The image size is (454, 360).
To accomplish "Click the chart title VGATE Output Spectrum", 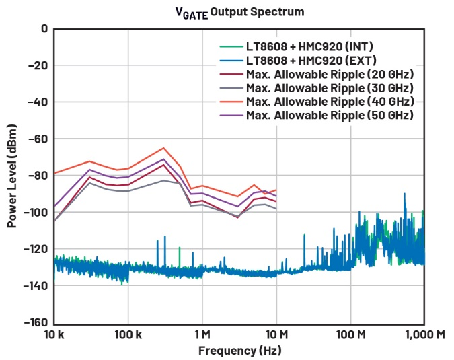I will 227,11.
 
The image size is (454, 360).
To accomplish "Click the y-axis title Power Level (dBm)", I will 12,175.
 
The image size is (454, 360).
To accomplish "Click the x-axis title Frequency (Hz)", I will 239,351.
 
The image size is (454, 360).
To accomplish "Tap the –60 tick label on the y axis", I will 38,139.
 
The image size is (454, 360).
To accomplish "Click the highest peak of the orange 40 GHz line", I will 163,148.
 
